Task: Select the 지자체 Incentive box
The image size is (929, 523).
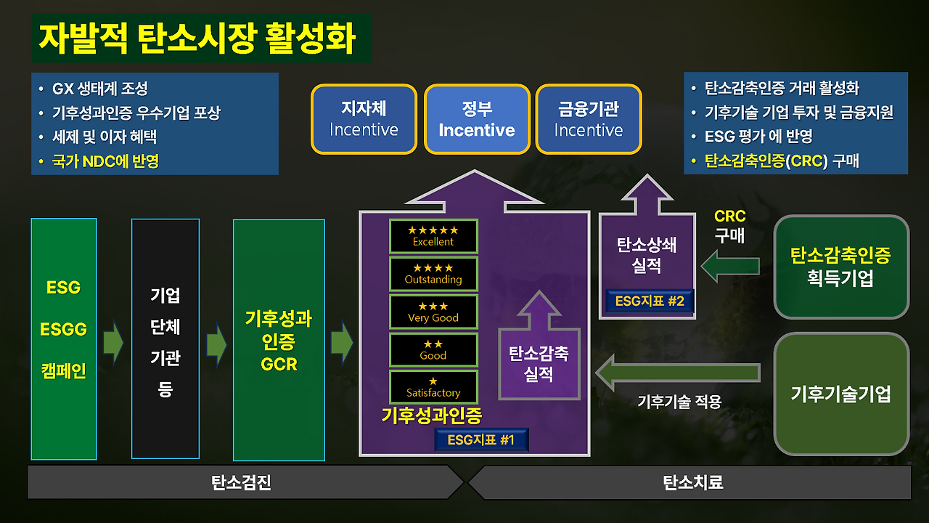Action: point(364,119)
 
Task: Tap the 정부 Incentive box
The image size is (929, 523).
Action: point(477,119)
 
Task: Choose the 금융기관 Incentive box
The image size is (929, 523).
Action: point(589,119)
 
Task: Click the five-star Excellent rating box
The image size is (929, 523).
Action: point(433,236)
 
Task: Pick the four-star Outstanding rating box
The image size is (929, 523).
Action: point(433,274)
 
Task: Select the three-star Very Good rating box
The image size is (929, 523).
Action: point(433,312)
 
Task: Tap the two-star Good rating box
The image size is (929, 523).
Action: point(433,349)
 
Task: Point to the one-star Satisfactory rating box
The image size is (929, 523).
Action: point(433,387)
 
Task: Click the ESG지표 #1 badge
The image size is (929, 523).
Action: point(481,439)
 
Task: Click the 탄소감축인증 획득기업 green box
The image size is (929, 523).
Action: point(841,267)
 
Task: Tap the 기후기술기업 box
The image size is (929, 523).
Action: point(841,394)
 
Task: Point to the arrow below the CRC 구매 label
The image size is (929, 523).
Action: point(730,267)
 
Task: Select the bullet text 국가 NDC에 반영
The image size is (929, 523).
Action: point(105,161)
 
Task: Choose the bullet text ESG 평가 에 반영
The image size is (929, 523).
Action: point(758,136)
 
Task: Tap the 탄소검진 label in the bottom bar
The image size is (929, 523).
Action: point(242,482)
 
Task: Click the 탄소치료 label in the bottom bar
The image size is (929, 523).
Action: point(693,482)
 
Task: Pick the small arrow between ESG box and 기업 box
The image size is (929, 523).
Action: point(113,344)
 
